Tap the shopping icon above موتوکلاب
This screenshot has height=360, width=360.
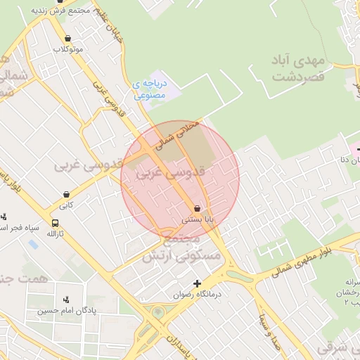(67, 39)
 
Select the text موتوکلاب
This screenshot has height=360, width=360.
(67, 49)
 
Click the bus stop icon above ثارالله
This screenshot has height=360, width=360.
(56, 223)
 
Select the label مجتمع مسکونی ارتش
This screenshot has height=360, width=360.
(181, 250)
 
